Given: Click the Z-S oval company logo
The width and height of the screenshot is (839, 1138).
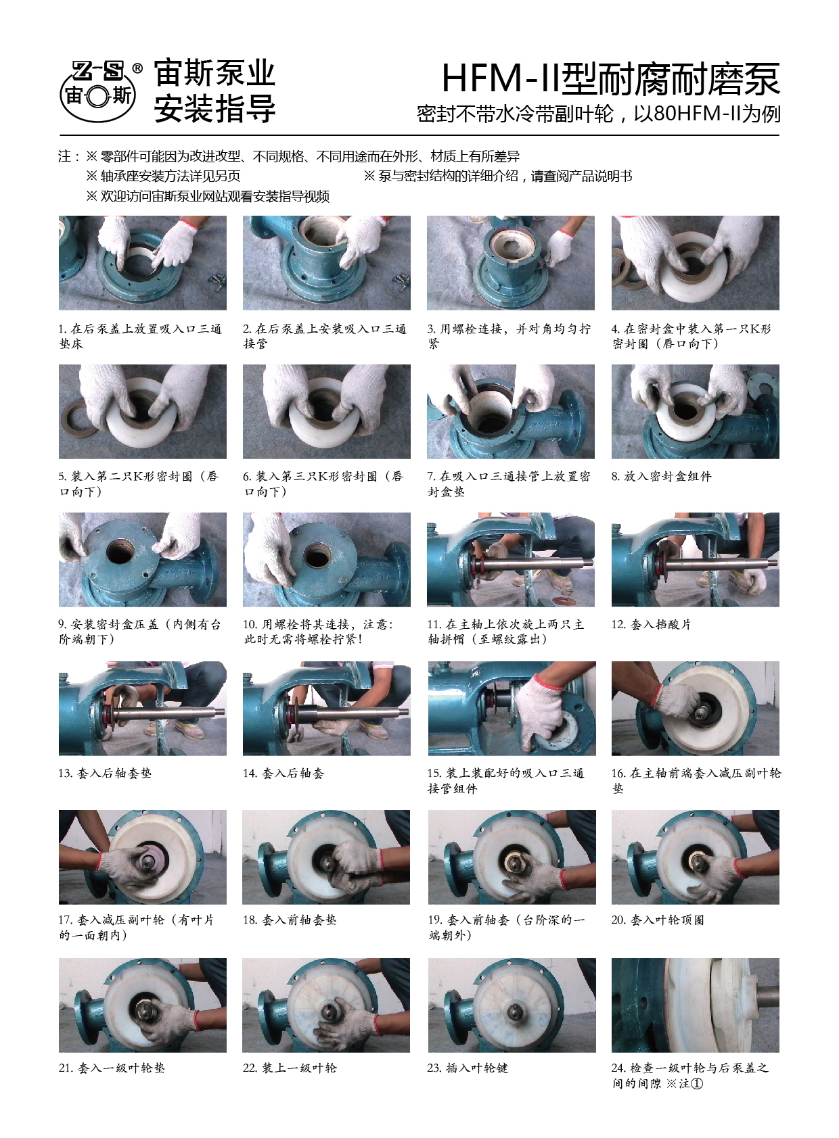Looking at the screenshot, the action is [x=98, y=91].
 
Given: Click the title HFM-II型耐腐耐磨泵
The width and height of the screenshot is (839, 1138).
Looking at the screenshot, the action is [x=611, y=79].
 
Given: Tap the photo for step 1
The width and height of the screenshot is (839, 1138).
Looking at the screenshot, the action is [x=142, y=262].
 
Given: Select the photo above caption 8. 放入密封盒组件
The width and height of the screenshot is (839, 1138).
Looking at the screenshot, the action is [x=695, y=412].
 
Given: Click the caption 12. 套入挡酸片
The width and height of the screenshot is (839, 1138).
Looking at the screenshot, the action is [x=651, y=624].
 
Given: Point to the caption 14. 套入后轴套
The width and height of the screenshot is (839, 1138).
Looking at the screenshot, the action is [x=284, y=774].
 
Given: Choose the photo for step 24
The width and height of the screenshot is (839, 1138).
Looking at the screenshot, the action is [x=695, y=1005].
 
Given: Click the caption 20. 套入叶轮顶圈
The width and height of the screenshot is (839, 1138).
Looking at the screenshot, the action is [x=658, y=920].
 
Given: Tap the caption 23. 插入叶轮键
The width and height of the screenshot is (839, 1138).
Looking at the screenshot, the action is [x=468, y=1068].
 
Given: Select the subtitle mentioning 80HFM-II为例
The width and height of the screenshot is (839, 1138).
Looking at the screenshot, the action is [x=599, y=114].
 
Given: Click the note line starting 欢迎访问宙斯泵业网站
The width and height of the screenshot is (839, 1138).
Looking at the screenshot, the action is [x=208, y=196].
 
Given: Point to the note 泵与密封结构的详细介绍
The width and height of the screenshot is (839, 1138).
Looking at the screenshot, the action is [x=498, y=176].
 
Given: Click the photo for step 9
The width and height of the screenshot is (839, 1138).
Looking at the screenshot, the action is [x=142, y=559].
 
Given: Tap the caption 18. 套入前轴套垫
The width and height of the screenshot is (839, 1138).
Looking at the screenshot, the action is [x=290, y=920].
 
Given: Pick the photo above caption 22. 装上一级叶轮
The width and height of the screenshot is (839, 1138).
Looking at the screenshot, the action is [x=326, y=1005].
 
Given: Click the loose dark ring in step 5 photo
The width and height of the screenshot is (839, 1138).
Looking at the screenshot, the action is [x=79, y=421].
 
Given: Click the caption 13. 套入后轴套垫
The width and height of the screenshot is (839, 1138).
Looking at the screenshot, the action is [x=105, y=774].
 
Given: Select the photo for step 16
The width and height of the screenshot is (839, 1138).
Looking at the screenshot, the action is [x=695, y=708].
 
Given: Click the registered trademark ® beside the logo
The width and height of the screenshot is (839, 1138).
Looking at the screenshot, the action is [x=137, y=68].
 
